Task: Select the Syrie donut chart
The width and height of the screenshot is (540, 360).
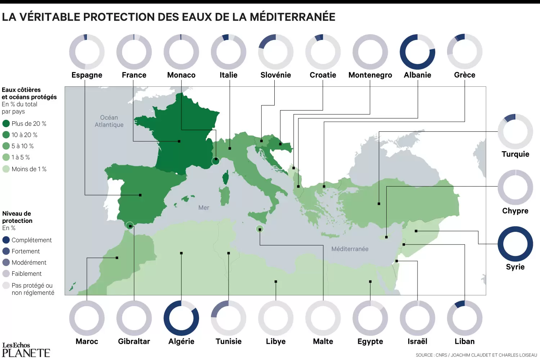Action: [515, 244]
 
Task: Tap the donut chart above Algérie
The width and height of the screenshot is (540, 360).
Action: [181, 318]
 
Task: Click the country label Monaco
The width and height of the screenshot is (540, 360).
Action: [181, 75]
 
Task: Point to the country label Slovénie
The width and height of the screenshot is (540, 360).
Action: [275, 75]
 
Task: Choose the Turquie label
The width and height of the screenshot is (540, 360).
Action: [515, 154]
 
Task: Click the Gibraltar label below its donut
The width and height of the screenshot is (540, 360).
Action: [134, 341]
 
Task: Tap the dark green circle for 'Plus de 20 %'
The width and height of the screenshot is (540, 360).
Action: [6, 123]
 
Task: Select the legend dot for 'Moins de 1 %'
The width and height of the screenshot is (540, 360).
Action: [6, 169]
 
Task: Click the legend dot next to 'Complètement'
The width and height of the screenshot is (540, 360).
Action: [6, 240]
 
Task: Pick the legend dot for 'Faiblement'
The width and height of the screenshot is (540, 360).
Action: [6, 274]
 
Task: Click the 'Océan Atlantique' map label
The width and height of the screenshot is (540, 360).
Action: [109, 121]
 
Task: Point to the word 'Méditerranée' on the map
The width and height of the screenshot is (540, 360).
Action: [350, 249]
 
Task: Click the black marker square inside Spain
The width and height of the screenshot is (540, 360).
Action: [140, 195]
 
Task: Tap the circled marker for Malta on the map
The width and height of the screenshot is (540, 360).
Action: [260, 229]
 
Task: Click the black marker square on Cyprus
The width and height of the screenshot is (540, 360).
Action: [386, 237]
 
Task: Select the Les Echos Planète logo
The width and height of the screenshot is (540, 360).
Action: [26, 350]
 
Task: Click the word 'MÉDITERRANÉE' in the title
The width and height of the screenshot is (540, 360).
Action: [292, 17]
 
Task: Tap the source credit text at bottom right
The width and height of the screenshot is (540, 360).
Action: [476, 355]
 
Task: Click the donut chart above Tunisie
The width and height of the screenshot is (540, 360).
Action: [228, 318]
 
